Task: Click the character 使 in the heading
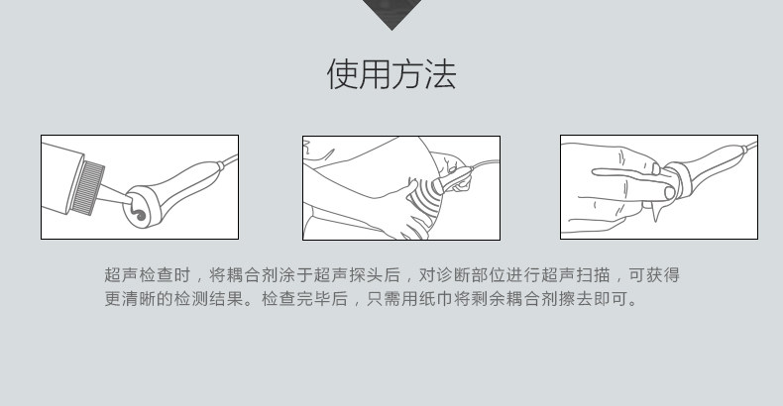tap(343, 74)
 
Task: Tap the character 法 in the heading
tap(440, 74)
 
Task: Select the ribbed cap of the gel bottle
tap(87, 187)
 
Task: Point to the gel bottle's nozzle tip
tap(128, 201)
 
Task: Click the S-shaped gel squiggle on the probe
tap(138, 213)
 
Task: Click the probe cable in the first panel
tap(230, 160)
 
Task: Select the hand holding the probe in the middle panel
tap(453, 171)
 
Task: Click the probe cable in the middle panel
tap(483, 163)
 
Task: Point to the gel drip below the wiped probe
tap(655, 213)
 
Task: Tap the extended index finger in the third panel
tap(625, 173)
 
